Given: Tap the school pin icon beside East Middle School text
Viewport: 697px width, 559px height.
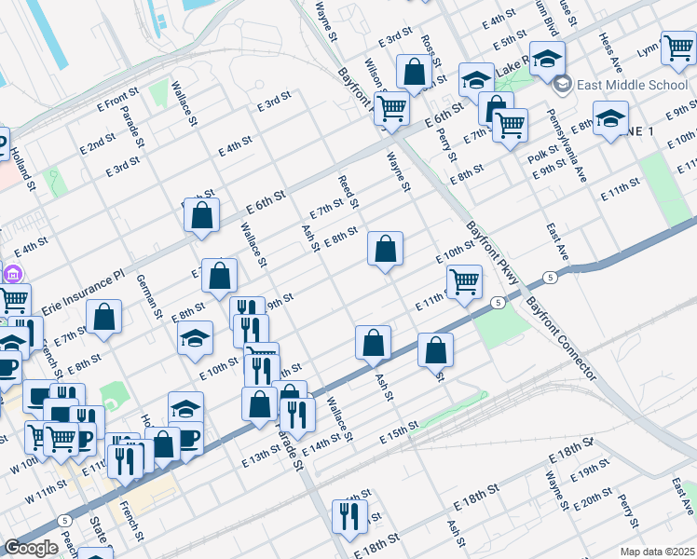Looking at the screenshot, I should point(562,85).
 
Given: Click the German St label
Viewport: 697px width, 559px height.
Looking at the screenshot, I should point(150,295).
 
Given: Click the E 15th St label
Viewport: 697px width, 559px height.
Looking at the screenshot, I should point(403,435).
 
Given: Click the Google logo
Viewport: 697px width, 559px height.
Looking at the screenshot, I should point(31,548).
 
